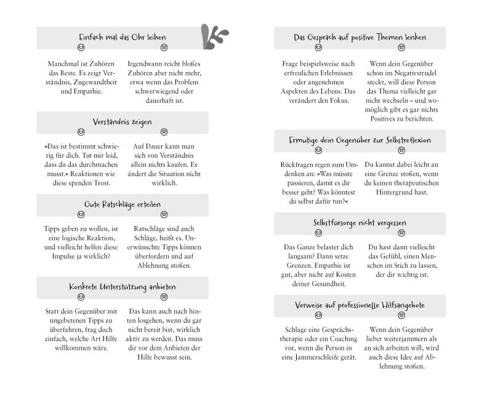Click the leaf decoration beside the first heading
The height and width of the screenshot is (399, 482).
(x=214, y=37)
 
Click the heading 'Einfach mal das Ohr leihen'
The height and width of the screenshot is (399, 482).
(x=122, y=37)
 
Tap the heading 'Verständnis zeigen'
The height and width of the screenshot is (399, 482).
(x=122, y=122)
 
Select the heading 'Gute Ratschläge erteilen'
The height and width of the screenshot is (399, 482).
(x=122, y=204)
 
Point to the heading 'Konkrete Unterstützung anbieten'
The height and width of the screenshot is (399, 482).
(x=122, y=287)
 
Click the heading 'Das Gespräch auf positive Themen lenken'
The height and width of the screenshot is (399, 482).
(x=359, y=37)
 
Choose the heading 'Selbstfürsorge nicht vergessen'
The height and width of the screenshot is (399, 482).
(x=359, y=222)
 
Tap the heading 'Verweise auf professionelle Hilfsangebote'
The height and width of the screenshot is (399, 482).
(x=359, y=305)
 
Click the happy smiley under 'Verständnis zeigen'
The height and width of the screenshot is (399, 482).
(x=81, y=132)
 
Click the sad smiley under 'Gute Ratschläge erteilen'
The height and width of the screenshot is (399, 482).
(x=164, y=214)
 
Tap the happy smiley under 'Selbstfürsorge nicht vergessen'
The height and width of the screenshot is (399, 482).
(x=318, y=233)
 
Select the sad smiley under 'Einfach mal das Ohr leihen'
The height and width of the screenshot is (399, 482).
(x=164, y=47)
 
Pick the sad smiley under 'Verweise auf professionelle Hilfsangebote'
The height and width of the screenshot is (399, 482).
(x=401, y=315)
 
